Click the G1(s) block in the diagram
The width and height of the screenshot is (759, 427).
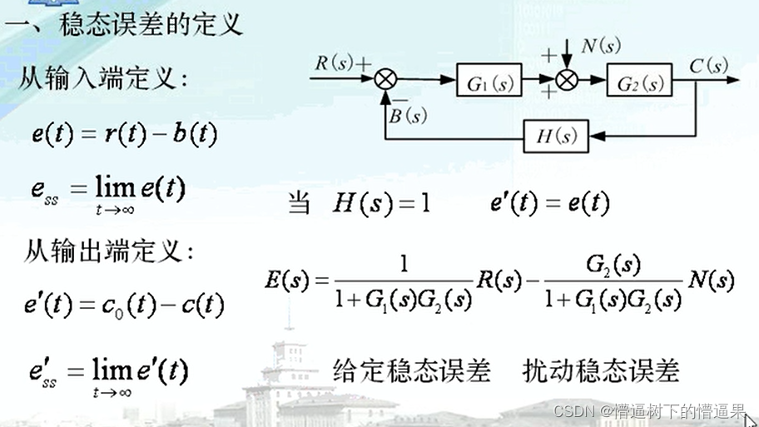[489, 82]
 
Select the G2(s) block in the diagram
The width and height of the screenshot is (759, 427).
[638, 82]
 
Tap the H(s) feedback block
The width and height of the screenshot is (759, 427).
[556, 135]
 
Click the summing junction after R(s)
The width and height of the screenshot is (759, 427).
[385, 81]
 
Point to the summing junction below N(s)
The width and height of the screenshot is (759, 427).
[567, 81]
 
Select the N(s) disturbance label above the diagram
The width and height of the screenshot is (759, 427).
[600, 47]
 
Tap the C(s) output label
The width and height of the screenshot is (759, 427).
[708, 66]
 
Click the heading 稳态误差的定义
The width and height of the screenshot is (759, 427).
[151, 25]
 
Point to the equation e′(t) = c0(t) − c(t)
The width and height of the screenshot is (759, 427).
[124, 305]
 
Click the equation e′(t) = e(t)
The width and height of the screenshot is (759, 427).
[550, 202]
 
